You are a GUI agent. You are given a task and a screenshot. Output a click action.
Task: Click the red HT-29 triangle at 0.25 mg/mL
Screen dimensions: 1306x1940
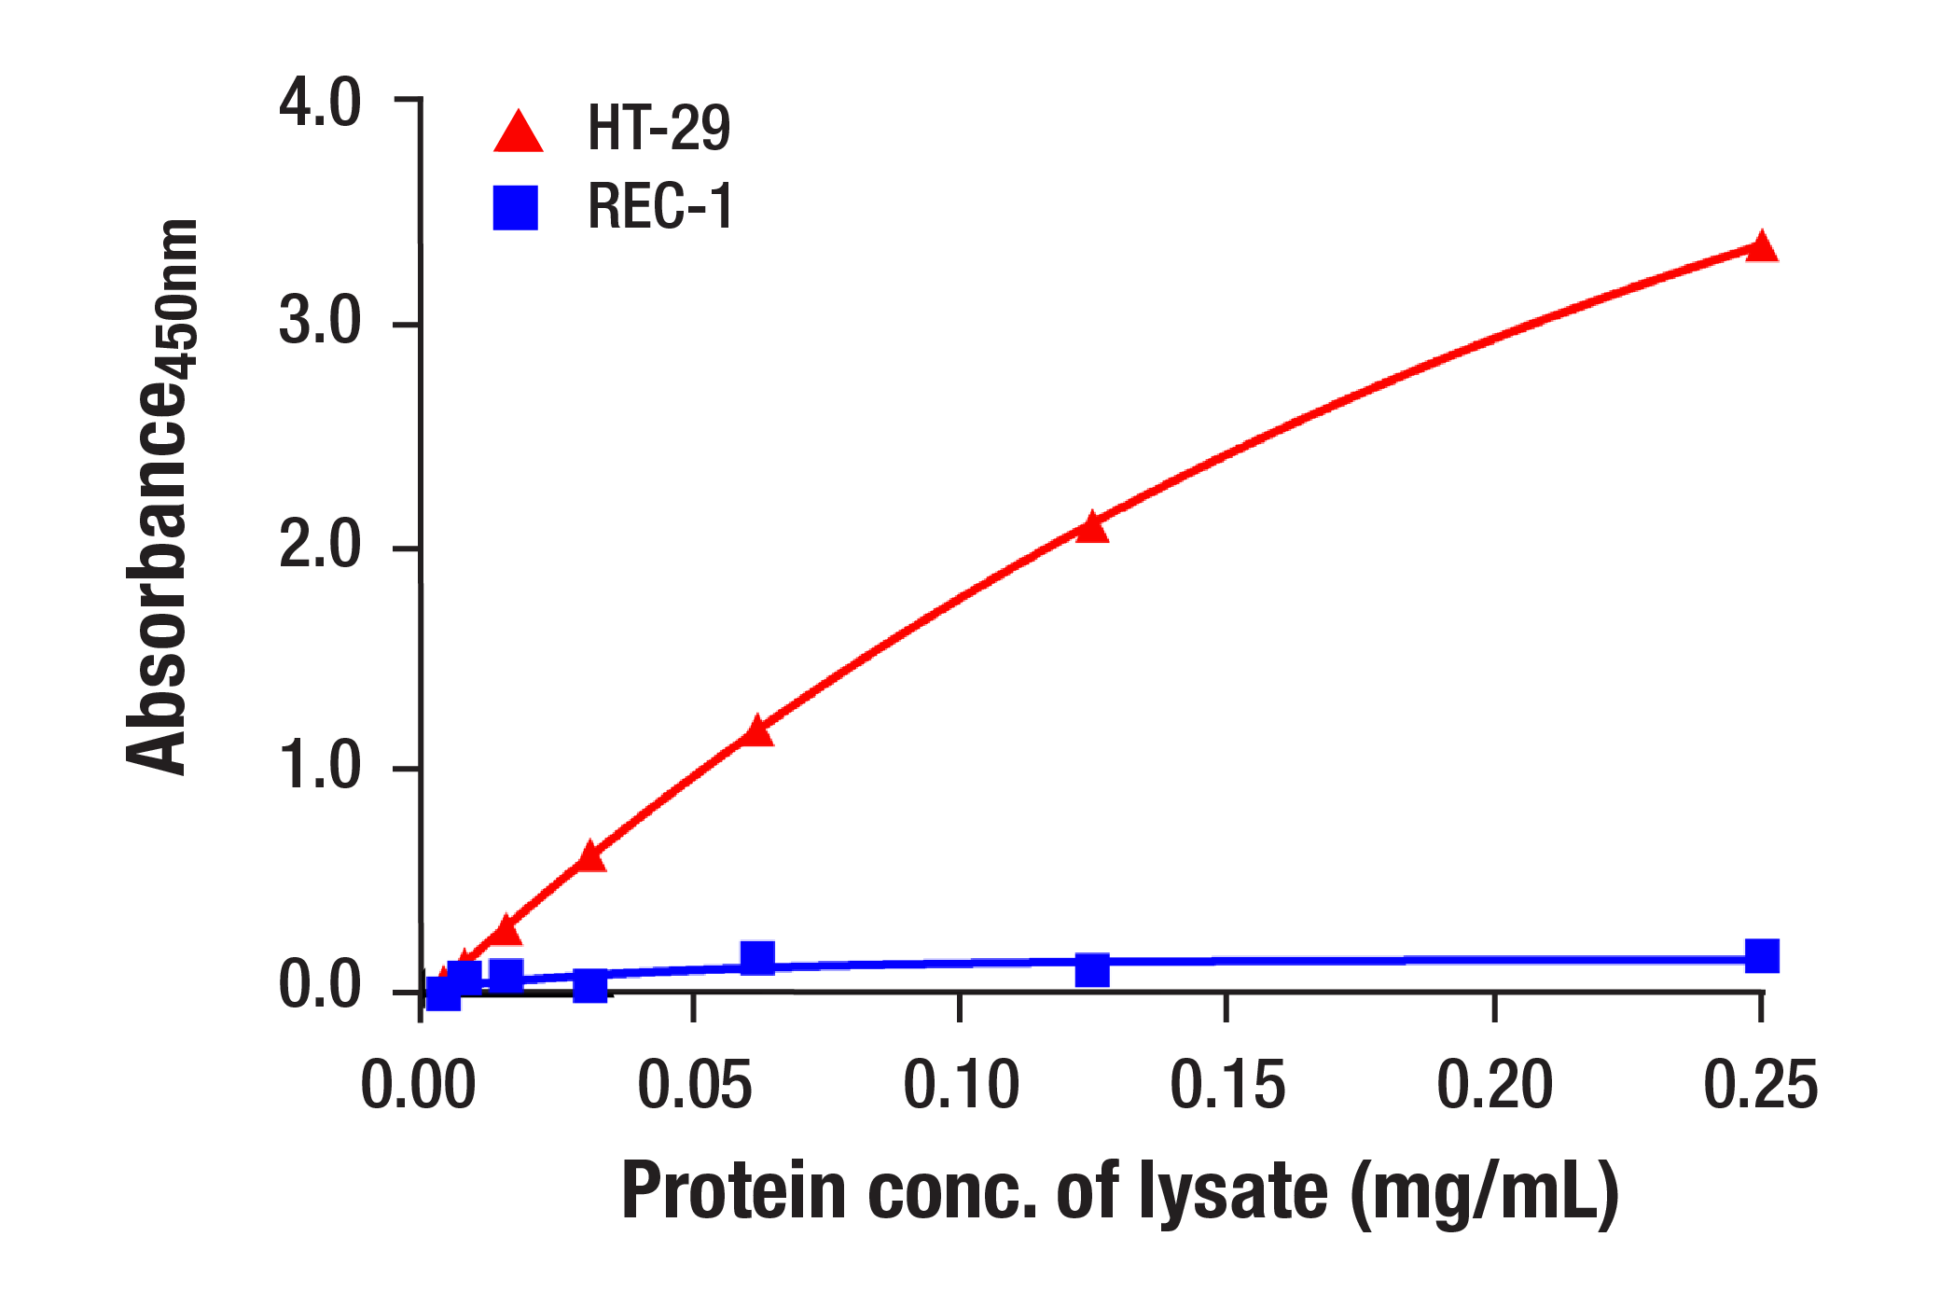pyautogui.click(x=1761, y=248)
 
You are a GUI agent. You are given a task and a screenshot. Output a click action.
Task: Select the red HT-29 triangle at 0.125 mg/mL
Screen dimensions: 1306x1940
pyautogui.click(x=1091, y=529)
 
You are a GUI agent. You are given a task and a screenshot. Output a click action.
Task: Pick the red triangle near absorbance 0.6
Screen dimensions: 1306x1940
pyautogui.click(x=589, y=857)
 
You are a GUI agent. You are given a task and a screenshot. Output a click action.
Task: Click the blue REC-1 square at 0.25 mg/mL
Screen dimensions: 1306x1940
pyautogui.click(x=1761, y=956)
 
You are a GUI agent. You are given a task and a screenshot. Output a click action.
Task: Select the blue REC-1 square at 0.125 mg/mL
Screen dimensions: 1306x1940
pyautogui.click(x=1091, y=970)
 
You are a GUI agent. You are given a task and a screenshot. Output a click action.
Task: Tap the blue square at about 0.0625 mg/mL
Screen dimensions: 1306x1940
pyautogui.click(x=757, y=957)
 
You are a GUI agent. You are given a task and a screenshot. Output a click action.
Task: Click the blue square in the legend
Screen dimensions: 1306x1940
pyautogui.click(x=516, y=208)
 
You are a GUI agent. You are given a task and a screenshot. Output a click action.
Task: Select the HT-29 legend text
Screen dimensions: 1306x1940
pyautogui.click(x=658, y=129)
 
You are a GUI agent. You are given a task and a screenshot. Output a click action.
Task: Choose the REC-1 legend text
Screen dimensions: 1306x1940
pyautogui.click(x=660, y=206)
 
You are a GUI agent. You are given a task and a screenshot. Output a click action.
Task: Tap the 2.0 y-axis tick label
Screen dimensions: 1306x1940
pyautogui.click(x=319, y=545)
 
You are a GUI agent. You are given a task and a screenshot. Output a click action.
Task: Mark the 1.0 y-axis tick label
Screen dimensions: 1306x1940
pyautogui.click(x=319, y=766)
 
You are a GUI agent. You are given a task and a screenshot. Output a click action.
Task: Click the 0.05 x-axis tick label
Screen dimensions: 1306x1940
pyautogui.click(x=694, y=1086)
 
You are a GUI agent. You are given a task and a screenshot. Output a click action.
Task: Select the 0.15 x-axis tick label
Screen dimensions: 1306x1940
pyautogui.click(x=1227, y=1086)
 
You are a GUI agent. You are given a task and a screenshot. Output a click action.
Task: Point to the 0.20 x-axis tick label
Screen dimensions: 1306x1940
pyautogui.click(x=1494, y=1086)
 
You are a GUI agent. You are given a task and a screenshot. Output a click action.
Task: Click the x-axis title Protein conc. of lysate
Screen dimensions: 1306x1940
pyautogui.click(x=1119, y=1192)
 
